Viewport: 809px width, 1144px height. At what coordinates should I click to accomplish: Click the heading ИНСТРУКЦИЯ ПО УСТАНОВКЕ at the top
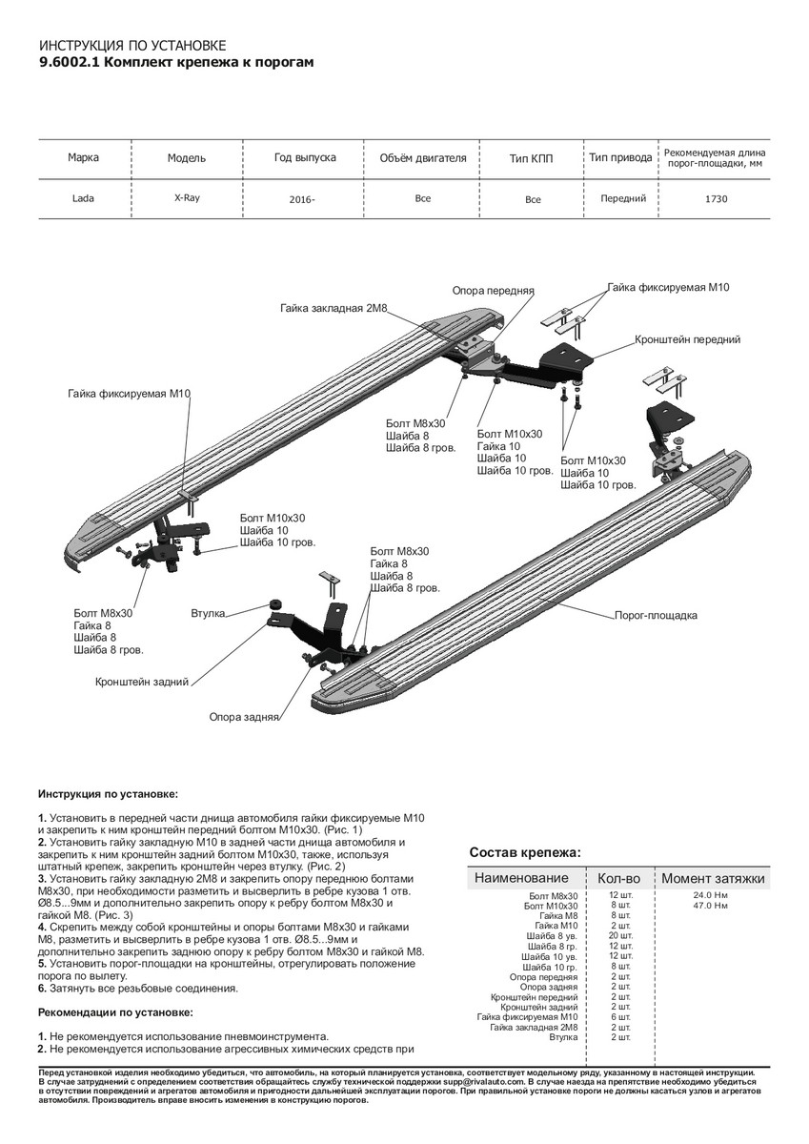click(132, 45)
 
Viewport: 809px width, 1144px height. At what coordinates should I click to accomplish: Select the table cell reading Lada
click(84, 199)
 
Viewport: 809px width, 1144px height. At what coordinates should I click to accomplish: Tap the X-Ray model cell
click(187, 199)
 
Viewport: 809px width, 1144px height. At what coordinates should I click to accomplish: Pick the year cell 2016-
click(302, 200)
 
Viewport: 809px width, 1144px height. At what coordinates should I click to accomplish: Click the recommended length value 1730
click(717, 199)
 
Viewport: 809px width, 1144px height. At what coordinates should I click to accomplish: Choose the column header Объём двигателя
click(422, 157)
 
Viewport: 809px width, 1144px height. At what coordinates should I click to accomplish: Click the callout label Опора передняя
click(493, 290)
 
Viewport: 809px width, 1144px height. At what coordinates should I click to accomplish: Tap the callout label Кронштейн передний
click(687, 339)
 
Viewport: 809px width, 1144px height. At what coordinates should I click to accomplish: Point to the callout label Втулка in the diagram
click(207, 614)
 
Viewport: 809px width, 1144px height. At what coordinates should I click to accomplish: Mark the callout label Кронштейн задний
click(142, 683)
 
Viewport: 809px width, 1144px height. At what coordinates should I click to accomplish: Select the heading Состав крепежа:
click(525, 853)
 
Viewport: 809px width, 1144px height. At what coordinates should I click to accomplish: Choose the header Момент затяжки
click(713, 878)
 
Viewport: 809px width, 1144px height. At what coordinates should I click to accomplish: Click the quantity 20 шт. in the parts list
click(620, 935)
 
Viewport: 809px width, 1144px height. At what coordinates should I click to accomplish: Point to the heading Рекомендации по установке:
click(115, 1011)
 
